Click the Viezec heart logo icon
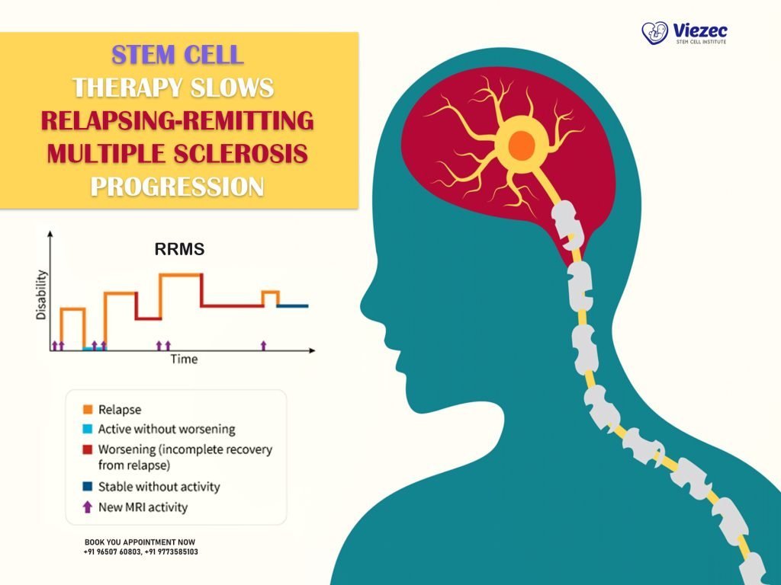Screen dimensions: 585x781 point(654,33)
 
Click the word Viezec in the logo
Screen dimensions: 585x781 point(700,30)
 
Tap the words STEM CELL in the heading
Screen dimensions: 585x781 point(177,55)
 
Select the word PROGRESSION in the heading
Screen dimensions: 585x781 point(177,186)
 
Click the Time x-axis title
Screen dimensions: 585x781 point(183,359)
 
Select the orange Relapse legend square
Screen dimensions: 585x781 point(88,410)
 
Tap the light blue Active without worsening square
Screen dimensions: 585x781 point(88,430)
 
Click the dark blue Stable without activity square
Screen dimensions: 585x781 point(88,487)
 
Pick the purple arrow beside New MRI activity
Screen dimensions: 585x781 point(88,507)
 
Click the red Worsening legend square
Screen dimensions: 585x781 point(88,449)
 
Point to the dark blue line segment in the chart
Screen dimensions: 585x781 point(293,305)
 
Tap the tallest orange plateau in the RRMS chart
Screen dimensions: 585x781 point(180,274)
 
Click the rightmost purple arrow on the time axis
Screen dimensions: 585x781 point(264,346)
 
